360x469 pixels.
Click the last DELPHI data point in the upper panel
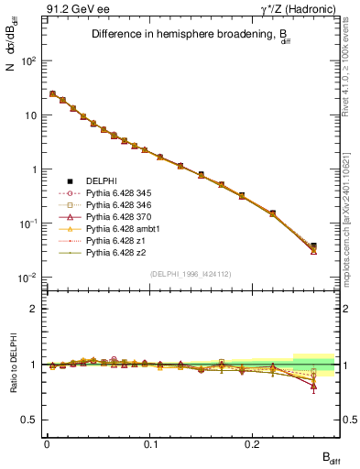(x=313, y=246)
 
